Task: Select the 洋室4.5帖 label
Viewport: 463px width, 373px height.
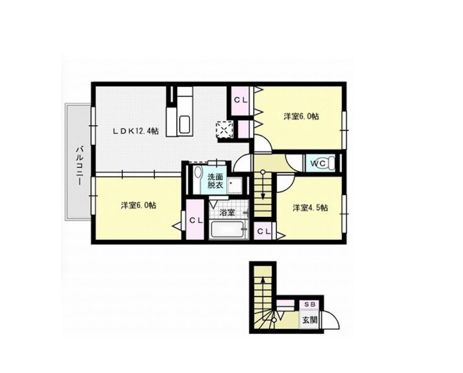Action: [x=310, y=208]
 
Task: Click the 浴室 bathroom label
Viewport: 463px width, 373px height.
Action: [x=227, y=212]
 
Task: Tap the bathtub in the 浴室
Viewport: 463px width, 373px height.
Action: [x=227, y=230]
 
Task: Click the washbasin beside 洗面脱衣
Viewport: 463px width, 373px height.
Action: [x=198, y=176]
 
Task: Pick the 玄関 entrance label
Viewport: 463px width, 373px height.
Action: [x=309, y=319]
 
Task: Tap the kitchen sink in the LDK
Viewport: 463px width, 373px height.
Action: [x=185, y=124]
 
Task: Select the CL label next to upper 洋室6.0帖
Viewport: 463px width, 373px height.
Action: [x=241, y=99]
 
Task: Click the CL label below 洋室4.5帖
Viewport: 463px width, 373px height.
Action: [x=264, y=232]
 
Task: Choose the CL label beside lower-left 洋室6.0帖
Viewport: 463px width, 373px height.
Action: [x=196, y=221]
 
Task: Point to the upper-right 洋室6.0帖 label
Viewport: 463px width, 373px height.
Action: [x=301, y=116]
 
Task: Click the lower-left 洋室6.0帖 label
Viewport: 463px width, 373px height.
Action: [x=138, y=205]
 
